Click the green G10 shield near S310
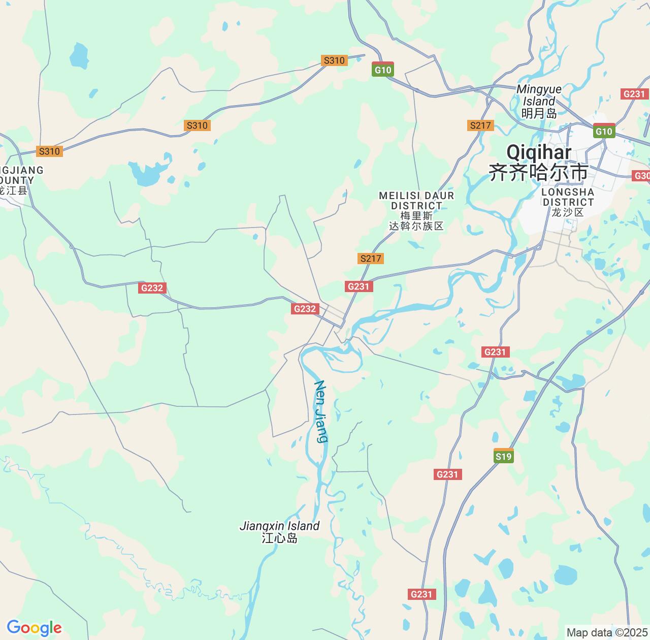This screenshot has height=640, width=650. coord(383,70)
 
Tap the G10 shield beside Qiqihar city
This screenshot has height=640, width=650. coord(604,131)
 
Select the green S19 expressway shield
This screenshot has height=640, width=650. coord(503,456)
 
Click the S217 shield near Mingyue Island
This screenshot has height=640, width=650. coord(480,125)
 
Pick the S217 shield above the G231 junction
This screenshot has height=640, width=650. coord(370,259)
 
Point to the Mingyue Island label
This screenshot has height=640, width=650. coord(539,101)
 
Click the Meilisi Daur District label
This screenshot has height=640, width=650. coord(416,210)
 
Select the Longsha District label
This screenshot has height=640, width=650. coord(568,202)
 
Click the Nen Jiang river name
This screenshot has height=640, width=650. coord(321,411)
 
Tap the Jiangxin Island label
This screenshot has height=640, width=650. coord(279,532)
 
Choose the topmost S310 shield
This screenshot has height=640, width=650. coord(334,60)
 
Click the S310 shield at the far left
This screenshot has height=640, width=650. coord(49,151)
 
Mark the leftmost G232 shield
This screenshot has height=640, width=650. coord(152,288)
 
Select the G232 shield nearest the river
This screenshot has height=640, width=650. coord(305,309)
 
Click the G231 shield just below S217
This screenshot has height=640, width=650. coord(359,286)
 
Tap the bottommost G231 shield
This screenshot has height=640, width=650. coord(421,594)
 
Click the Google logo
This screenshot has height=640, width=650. coord(34,628)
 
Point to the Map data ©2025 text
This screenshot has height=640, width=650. coord(606,633)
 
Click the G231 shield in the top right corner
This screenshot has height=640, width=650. coord(634,94)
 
